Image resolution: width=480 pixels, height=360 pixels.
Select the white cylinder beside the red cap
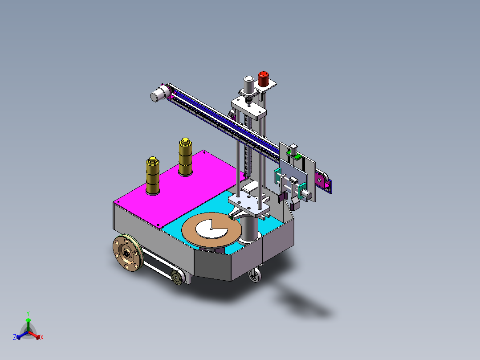click(248, 84)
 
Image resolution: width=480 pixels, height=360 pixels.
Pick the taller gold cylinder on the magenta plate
click(185, 157)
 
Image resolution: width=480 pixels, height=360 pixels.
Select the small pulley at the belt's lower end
click(178, 278)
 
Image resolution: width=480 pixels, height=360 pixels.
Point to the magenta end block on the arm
click(321, 180)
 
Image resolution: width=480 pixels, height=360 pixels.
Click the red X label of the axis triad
click(42, 338)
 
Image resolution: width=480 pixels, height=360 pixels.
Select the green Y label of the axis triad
click(28, 313)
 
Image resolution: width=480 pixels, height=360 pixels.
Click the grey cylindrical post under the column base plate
click(250, 228)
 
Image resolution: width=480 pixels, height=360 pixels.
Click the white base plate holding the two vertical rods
click(250, 205)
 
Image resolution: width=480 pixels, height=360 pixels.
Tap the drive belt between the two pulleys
click(156, 265)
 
